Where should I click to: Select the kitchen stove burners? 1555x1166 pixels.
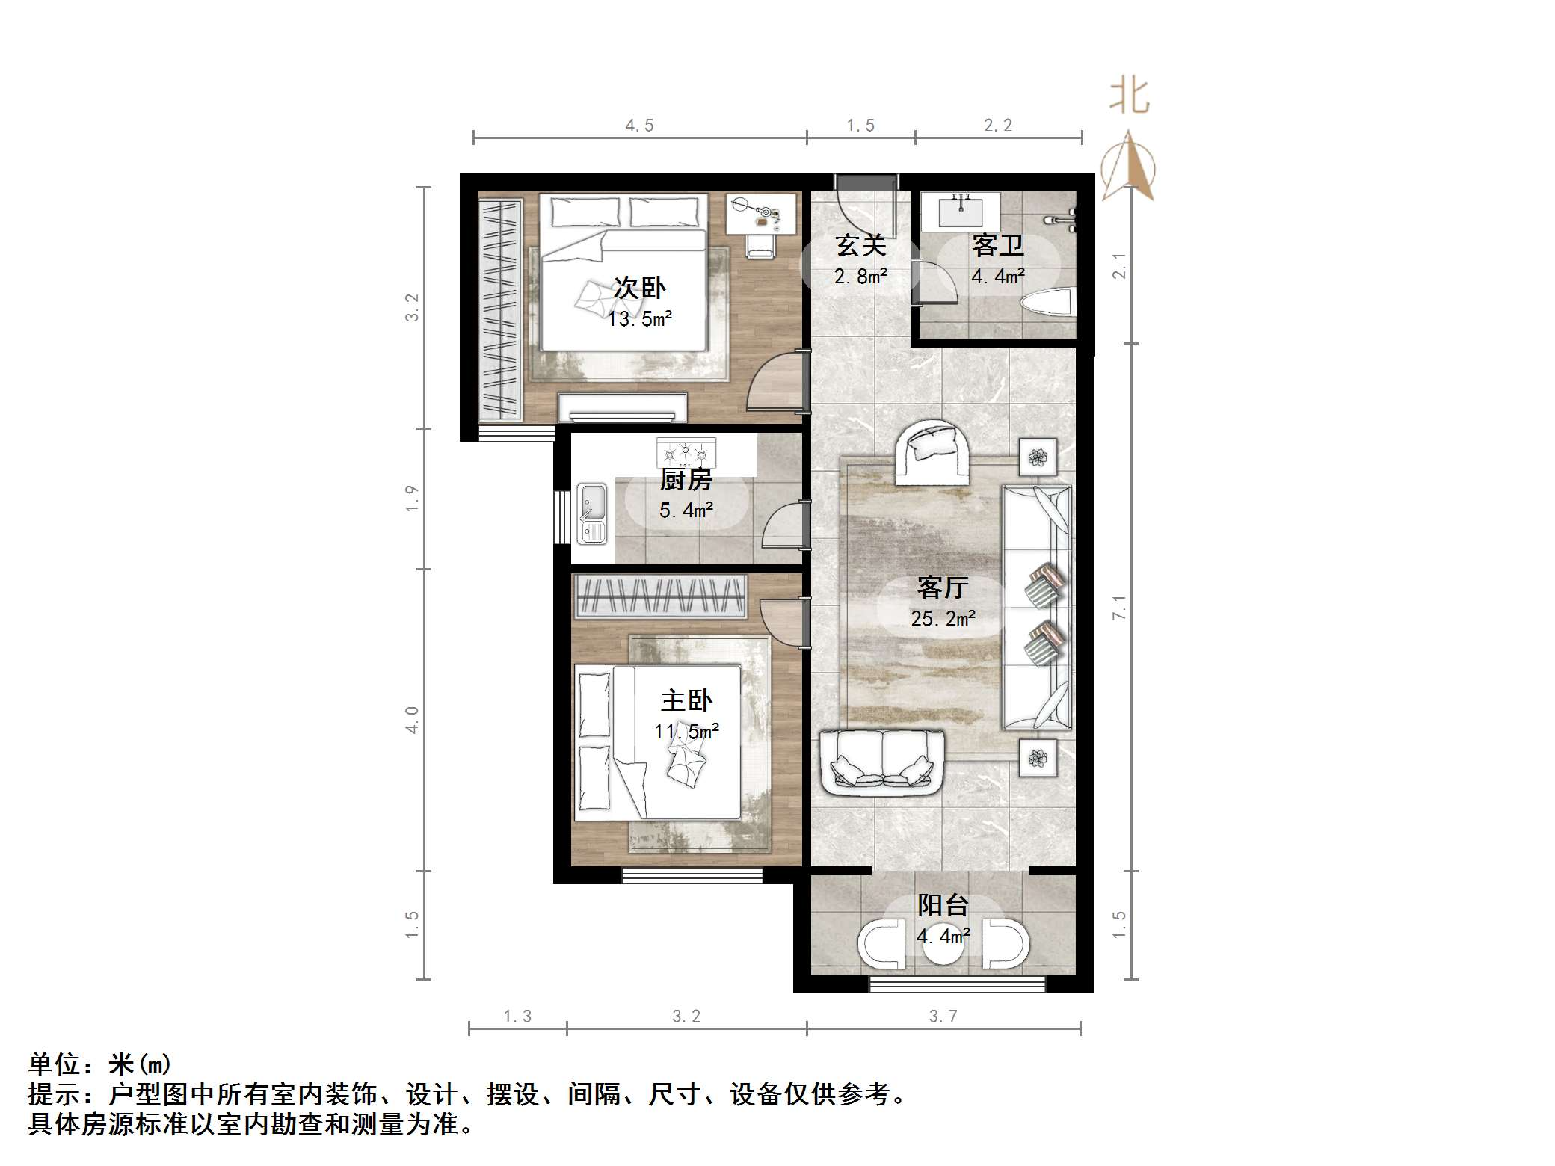(x=686, y=453)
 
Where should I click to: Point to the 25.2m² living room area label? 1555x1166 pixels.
(x=943, y=619)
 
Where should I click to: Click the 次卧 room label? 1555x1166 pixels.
(x=639, y=288)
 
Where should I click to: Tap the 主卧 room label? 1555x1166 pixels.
(x=686, y=700)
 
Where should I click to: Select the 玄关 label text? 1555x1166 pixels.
(x=860, y=245)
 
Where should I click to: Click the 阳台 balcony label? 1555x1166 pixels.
(x=943, y=905)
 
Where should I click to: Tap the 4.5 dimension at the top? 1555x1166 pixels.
(x=639, y=126)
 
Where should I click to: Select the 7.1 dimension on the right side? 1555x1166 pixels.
(x=1119, y=608)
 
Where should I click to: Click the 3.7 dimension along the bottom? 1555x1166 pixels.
(x=943, y=1017)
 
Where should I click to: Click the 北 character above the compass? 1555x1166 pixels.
(x=1129, y=97)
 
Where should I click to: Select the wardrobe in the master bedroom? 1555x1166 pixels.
(x=659, y=596)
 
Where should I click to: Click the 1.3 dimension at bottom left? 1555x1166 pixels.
(x=517, y=1017)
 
